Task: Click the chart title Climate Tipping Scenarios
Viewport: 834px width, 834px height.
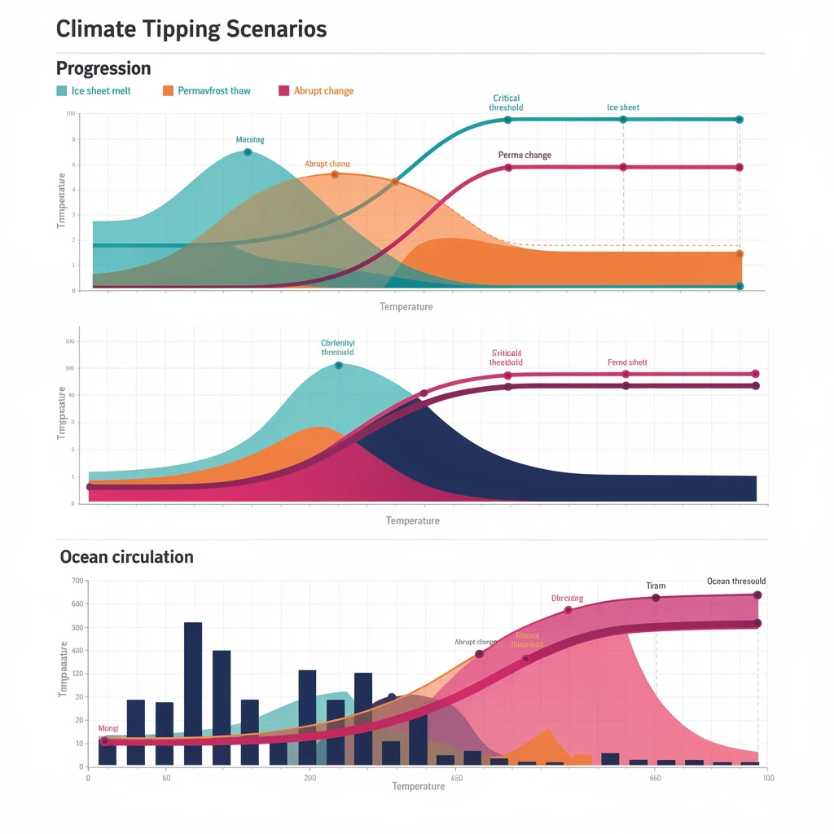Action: tap(191, 29)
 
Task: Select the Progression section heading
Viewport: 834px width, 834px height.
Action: tap(103, 68)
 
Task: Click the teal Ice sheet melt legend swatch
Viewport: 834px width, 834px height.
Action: tap(62, 90)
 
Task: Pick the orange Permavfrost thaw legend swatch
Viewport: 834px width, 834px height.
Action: tap(169, 90)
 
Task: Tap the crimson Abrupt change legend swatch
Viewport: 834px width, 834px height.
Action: tap(284, 90)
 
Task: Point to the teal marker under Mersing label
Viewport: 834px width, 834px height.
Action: tap(248, 152)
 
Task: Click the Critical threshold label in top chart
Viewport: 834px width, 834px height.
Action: tap(507, 103)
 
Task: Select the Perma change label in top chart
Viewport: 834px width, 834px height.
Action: tap(525, 155)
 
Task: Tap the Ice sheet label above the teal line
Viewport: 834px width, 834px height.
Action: tap(623, 108)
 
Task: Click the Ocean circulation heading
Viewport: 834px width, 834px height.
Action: tap(127, 557)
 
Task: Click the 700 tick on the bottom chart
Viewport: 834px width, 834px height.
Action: tap(78, 581)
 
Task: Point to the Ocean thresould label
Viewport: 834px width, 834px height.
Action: tap(736, 582)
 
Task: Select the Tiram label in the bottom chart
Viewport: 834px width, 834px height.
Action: tap(656, 586)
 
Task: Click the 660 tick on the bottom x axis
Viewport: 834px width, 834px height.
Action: tap(656, 779)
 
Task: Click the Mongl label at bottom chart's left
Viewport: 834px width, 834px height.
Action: tap(108, 728)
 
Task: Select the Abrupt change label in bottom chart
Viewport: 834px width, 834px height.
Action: tap(476, 642)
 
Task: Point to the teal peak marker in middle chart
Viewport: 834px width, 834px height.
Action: tap(339, 366)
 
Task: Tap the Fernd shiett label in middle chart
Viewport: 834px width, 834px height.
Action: tap(627, 362)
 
